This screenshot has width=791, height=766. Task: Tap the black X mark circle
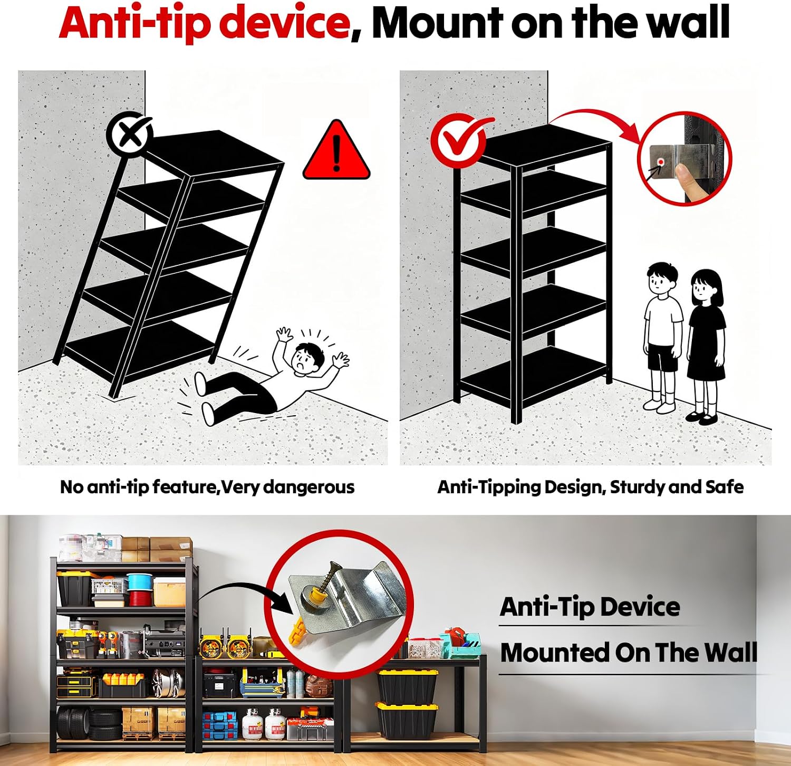point(130,134)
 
